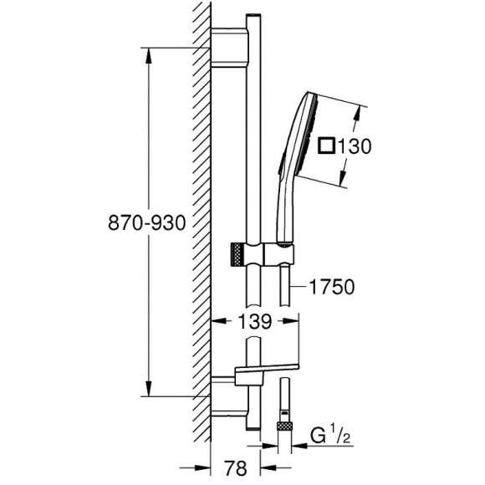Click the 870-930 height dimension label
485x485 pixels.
point(147,222)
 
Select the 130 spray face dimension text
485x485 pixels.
point(355,146)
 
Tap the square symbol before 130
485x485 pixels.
point(327,145)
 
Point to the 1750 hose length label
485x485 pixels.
point(332,287)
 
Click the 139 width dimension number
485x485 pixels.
point(255,321)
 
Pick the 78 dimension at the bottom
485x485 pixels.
point(235,467)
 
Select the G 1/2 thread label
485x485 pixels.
point(330,436)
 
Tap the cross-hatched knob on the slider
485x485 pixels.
point(236,254)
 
